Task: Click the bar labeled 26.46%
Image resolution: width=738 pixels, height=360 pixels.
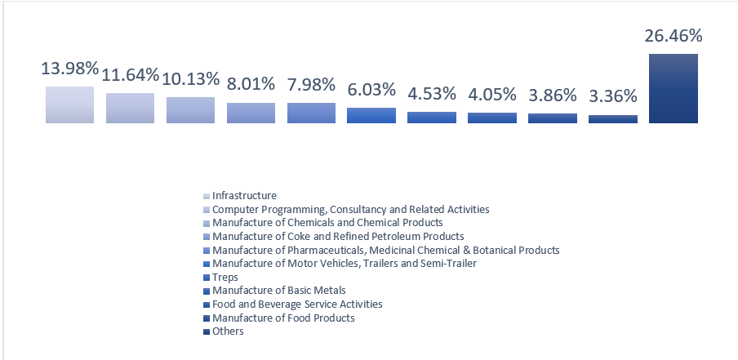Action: click(673, 88)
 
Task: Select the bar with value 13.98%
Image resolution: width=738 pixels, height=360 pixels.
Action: click(70, 104)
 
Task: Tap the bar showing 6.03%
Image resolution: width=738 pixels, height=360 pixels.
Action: click(371, 115)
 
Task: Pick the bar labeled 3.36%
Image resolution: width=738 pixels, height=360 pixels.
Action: click(613, 119)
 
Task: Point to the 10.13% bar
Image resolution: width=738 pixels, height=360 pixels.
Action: click(191, 110)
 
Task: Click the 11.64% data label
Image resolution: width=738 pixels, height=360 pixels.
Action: click(131, 76)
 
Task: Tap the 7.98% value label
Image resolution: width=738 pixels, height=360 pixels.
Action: click(311, 86)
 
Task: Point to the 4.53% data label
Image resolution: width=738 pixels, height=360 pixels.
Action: click(432, 95)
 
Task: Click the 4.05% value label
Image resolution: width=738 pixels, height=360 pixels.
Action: click(492, 96)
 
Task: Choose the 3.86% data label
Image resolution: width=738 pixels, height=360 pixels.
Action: click(553, 96)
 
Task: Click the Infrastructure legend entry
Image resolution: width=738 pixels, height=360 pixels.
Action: click(244, 196)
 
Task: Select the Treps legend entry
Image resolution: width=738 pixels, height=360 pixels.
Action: click(225, 278)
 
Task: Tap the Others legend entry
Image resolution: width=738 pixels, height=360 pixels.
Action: click(228, 331)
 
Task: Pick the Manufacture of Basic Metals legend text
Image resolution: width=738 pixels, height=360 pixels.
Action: click(278, 291)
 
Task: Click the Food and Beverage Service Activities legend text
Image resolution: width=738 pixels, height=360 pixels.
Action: click(297, 304)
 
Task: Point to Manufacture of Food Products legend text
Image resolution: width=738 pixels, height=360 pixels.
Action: click(283, 318)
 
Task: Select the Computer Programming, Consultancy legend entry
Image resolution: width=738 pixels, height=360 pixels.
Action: click(350, 210)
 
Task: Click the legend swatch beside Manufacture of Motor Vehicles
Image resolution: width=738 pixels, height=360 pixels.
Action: click(207, 264)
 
